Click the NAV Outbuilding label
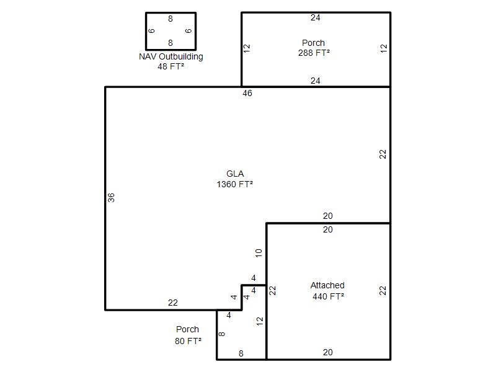tap(171, 56)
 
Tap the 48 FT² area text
tap(171, 66)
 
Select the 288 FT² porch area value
tap(314, 53)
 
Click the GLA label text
tap(235, 174)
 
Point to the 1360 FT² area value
tap(235, 184)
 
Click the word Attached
tap(327, 285)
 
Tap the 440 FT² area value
tap(329, 296)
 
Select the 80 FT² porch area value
tap(188, 341)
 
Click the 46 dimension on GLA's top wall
tap(247, 94)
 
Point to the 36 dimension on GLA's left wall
tap(111, 198)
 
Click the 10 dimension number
tap(259, 253)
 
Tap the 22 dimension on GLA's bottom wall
tap(173, 303)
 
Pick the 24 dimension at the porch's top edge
tap(316, 18)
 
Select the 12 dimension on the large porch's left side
tap(247, 48)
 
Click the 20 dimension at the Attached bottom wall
tap(328, 352)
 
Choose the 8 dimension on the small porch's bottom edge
tap(241, 353)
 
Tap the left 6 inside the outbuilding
tap(151, 30)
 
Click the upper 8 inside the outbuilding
tap(170, 19)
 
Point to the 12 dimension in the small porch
tap(260, 321)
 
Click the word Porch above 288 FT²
tap(314, 43)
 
